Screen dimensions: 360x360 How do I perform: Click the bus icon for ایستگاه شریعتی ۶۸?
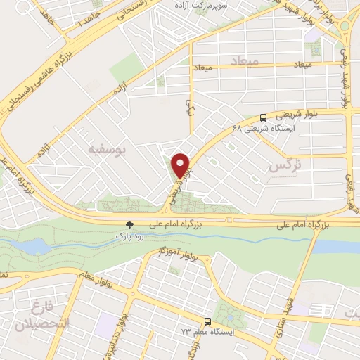[263, 117]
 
